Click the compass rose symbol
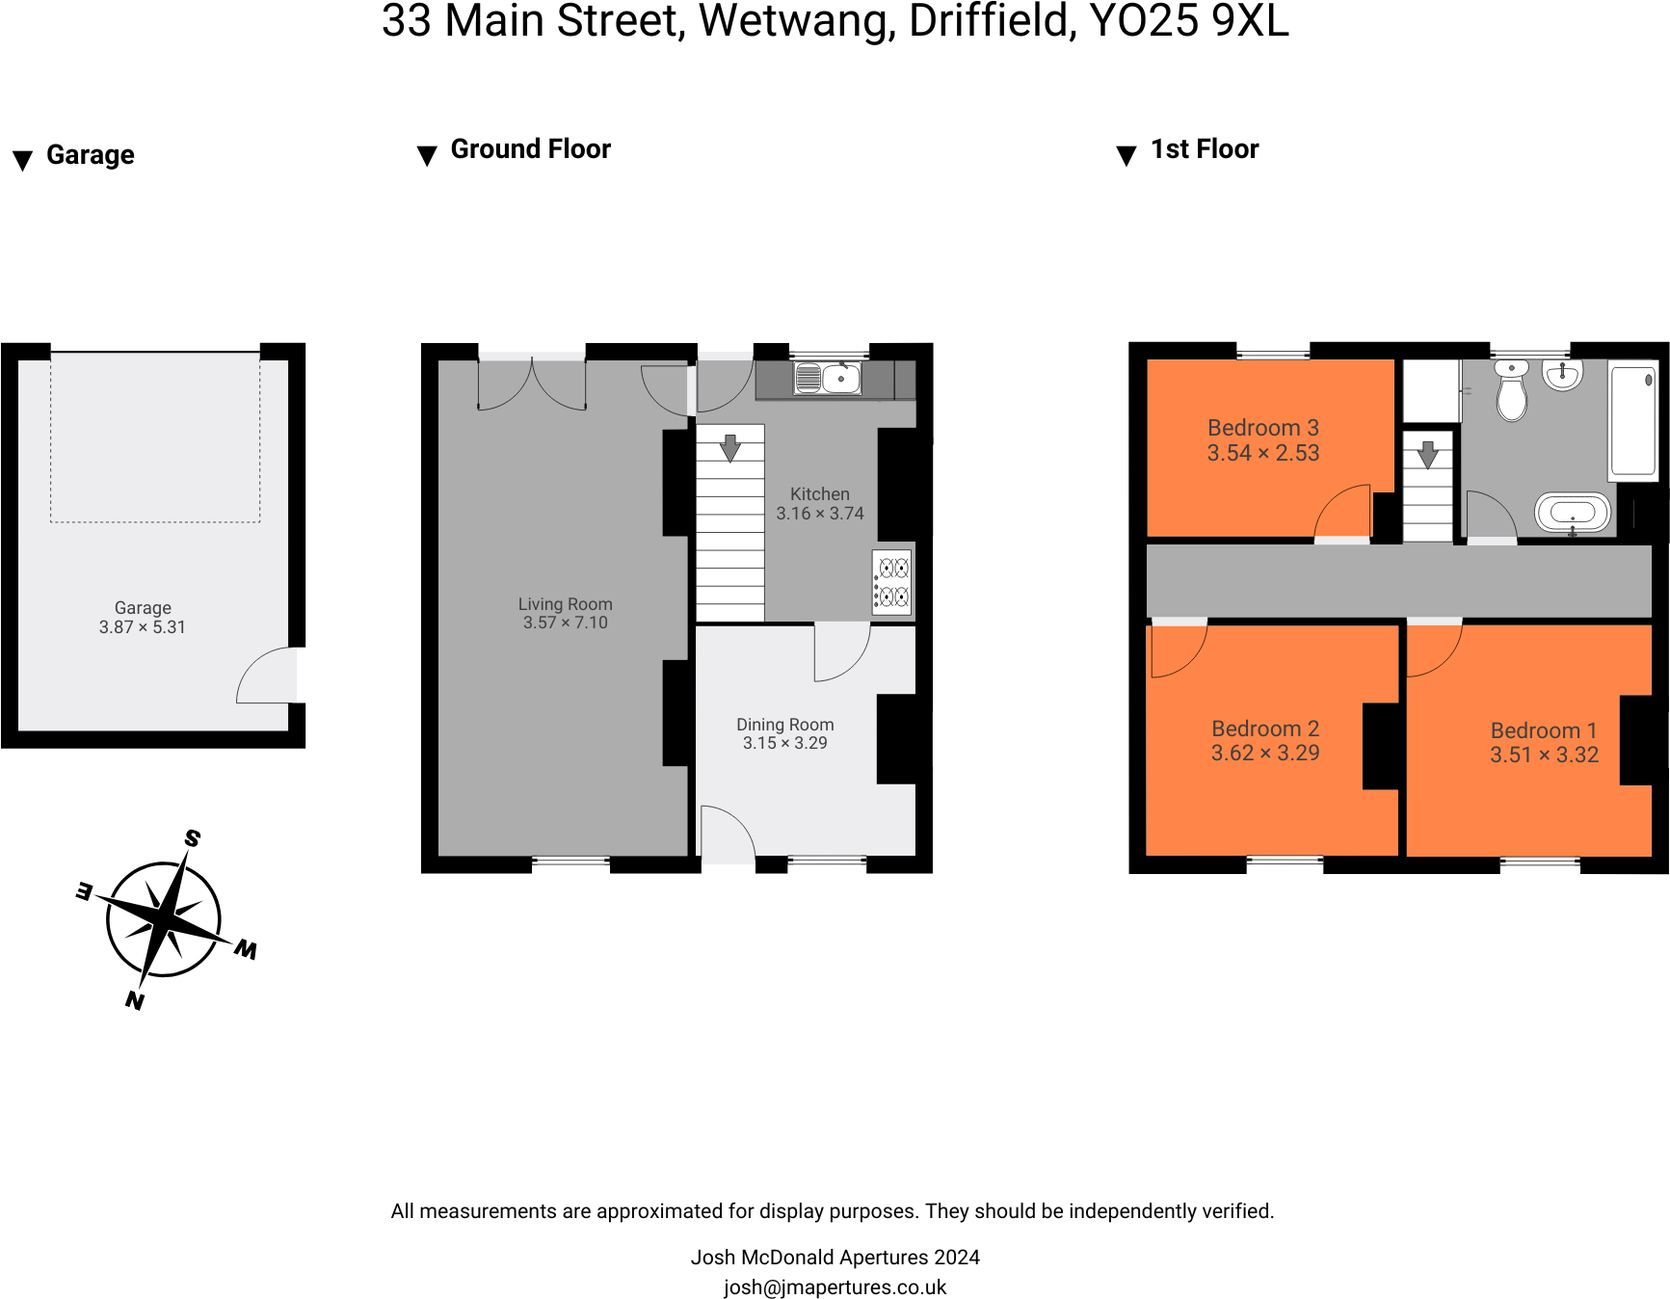[165, 919]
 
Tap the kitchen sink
[827, 378]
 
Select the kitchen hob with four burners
[891, 582]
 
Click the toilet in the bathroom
[1511, 390]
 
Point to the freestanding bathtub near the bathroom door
[1573, 512]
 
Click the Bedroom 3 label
[1262, 428]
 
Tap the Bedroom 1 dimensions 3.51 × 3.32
[1544, 756]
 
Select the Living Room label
[565, 604]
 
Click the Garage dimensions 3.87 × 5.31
[142, 627]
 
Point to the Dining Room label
[784, 725]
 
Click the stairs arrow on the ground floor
[730, 448]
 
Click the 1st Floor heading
[1204, 149]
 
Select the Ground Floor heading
[530, 149]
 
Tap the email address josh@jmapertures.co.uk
[835, 1287]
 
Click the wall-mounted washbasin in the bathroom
[1562, 375]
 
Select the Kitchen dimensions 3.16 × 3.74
[820, 514]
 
